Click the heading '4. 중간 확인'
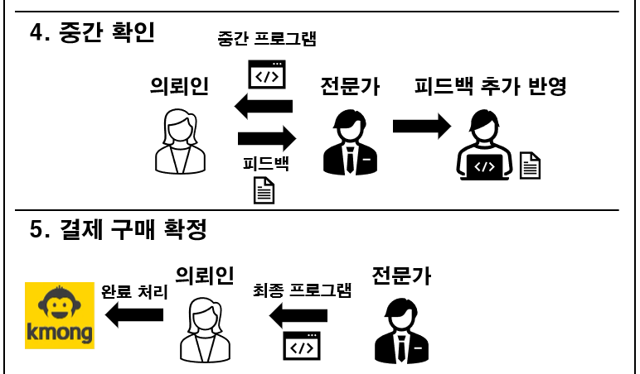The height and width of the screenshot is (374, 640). [93, 33]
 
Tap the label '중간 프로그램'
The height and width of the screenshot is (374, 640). [267, 38]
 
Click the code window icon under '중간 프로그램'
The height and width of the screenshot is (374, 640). [267, 74]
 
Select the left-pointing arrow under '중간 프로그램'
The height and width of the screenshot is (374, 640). [264, 105]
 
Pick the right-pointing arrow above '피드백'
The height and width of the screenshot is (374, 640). [266, 137]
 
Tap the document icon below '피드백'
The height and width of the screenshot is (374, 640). [264, 190]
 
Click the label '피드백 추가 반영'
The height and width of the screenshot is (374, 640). [490, 86]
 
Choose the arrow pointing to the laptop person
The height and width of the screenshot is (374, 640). [421, 126]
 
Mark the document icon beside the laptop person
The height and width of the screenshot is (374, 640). [530, 165]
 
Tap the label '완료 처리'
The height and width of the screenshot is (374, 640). [133, 291]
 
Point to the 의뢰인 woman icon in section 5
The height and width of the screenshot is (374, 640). [202, 328]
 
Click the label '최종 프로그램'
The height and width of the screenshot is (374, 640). [302, 290]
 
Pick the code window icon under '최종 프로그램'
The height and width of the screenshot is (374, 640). [302, 346]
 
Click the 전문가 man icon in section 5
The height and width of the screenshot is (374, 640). [402, 328]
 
